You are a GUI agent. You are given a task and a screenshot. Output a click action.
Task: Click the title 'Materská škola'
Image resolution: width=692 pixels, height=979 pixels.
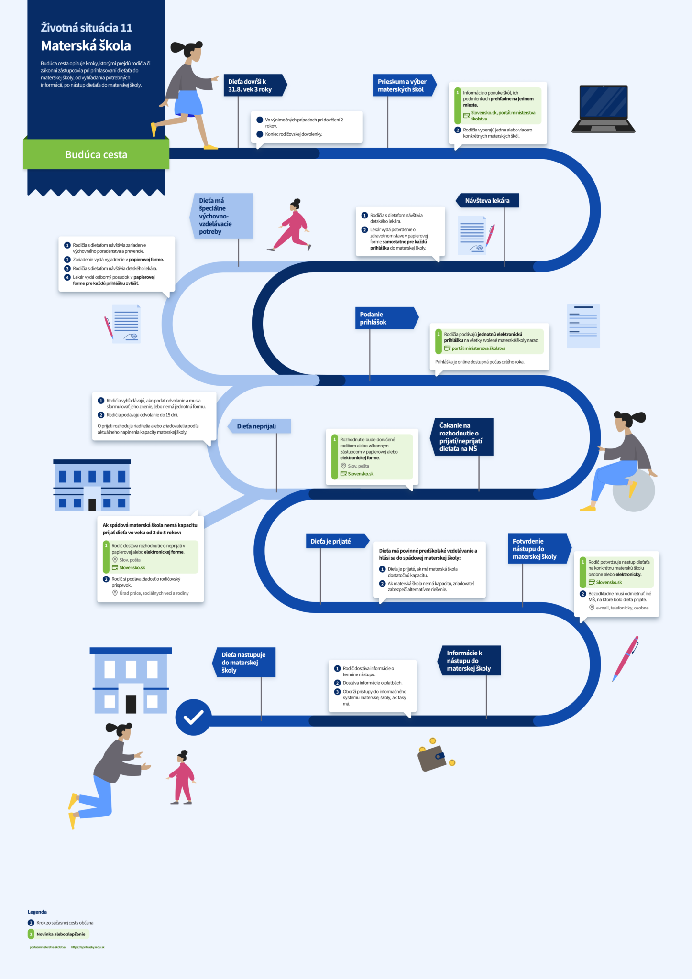(86, 46)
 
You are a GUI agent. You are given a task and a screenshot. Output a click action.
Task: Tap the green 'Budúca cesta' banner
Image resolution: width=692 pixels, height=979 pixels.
(96, 154)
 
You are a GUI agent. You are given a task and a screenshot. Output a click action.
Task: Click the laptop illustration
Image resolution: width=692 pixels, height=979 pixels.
(604, 109)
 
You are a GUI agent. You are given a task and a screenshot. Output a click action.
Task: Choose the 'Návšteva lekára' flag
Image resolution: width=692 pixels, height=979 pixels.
(487, 201)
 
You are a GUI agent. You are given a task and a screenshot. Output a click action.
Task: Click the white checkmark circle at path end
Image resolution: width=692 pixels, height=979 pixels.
(193, 717)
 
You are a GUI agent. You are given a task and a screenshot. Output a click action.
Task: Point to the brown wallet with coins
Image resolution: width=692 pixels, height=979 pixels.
(433, 757)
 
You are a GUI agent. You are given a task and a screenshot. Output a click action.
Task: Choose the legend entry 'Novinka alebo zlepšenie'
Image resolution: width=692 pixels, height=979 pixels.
(60, 934)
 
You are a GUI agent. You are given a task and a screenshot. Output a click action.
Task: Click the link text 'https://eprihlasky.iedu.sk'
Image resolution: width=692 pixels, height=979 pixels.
(88, 947)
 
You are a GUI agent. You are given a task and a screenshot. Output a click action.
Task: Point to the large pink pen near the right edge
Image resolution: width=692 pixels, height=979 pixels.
(626, 658)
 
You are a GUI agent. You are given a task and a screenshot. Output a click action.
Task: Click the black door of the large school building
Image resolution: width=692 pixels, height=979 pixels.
(131, 704)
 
